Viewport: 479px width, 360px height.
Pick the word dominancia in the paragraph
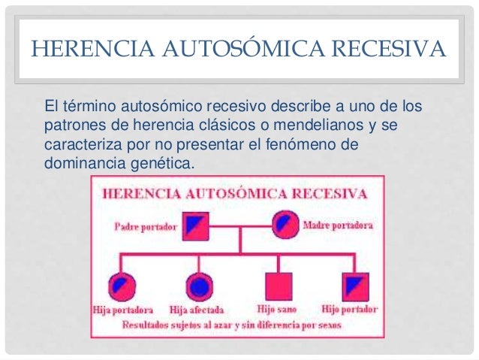(80, 162)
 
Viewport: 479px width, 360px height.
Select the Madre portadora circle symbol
(284, 223)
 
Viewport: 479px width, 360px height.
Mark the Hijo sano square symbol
(278, 285)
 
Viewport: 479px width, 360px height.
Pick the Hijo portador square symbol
(352, 285)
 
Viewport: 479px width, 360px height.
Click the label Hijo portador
(349, 309)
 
